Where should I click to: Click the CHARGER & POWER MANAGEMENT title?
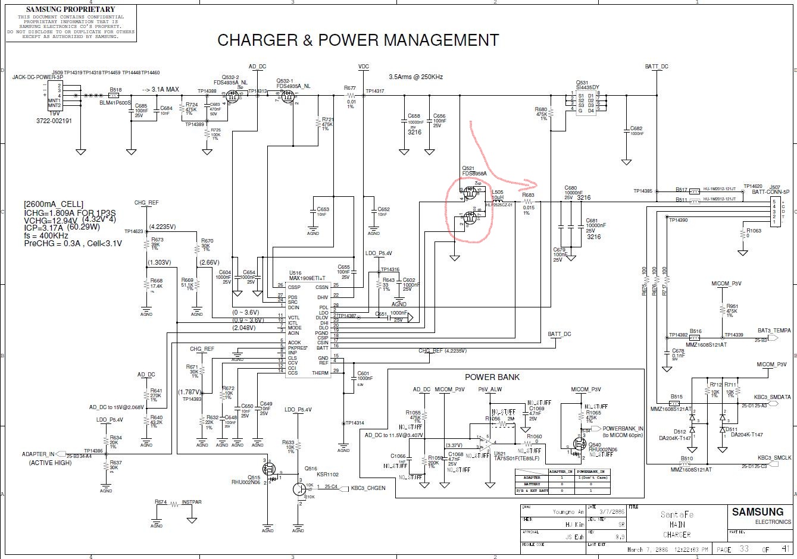(358, 40)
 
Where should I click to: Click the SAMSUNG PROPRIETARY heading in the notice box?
(71, 10)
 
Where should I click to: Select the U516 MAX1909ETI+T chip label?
(307, 276)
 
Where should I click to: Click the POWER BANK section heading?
(492, 377)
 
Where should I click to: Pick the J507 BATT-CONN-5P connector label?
(779, 189)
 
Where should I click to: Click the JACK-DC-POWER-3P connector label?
(37, 77)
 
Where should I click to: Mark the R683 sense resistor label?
(528, 195)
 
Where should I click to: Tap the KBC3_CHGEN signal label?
(368, 488)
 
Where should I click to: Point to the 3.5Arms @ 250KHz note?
(415, 77)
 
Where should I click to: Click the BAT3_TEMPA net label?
(774, 331)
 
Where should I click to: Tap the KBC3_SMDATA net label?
(772, 397)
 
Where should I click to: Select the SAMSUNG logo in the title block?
(757, 512)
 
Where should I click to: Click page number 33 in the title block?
(744, 549)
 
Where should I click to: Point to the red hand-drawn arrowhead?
(532, 184)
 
